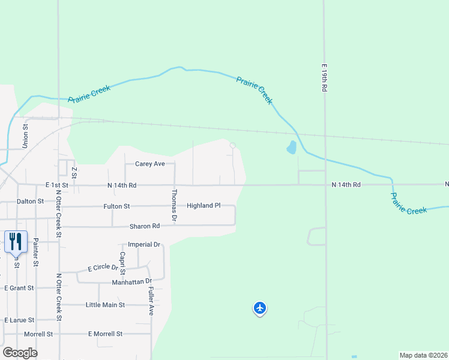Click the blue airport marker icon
click(x=259, y=308)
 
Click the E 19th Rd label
click(x=323, y=78)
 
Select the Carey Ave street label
click(x=149, y=164)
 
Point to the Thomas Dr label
click(x=174, y=206)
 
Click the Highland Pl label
click(x=203, y=205)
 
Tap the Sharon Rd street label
click(x=145, y=226)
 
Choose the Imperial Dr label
click(x=144, y=245)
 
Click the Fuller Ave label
click(x=151, y=301)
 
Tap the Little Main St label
click(x=105, y=305)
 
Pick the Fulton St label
click(x=116, y=206)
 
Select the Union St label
click(x=25, y=136)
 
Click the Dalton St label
click(x=31, y=202)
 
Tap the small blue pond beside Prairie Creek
click(x=292, y=147)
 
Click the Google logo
click(x=20, y=353)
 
